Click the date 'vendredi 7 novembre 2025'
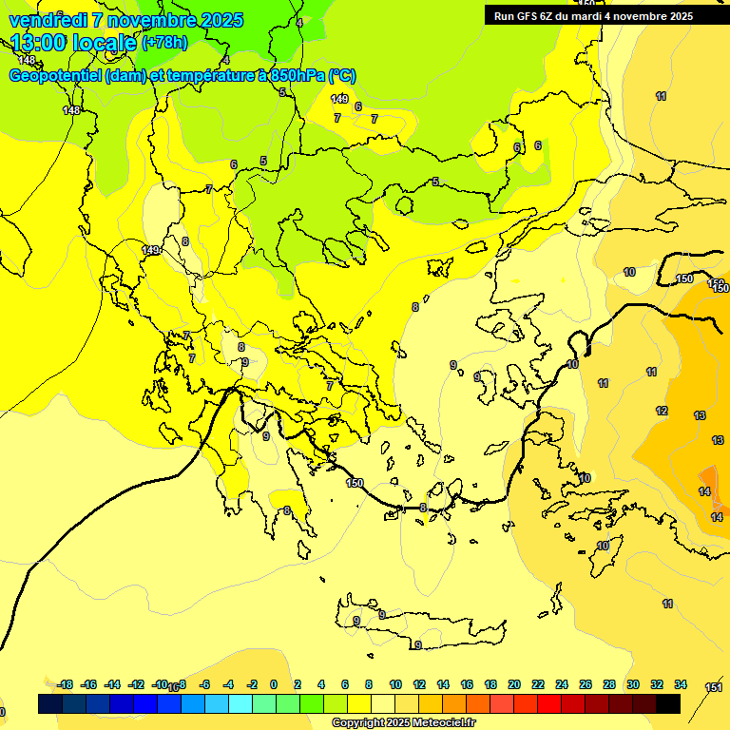(x=125, y=20)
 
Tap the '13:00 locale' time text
(x=74, y=42)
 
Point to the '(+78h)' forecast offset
(x=163, y=43)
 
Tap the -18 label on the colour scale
(x=66, y=684)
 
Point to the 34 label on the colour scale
(x=681, y=684)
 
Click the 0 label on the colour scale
(x=274, y=684)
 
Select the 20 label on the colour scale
(x=514, y=684)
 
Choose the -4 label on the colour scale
(x=228, y=684)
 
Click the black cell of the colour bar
(x=668, y=704)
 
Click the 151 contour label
(x=713, y=687)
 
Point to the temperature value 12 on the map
(x=662, y=411)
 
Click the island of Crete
(x=418, y=628)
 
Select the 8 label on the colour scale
(x=369, y=684)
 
